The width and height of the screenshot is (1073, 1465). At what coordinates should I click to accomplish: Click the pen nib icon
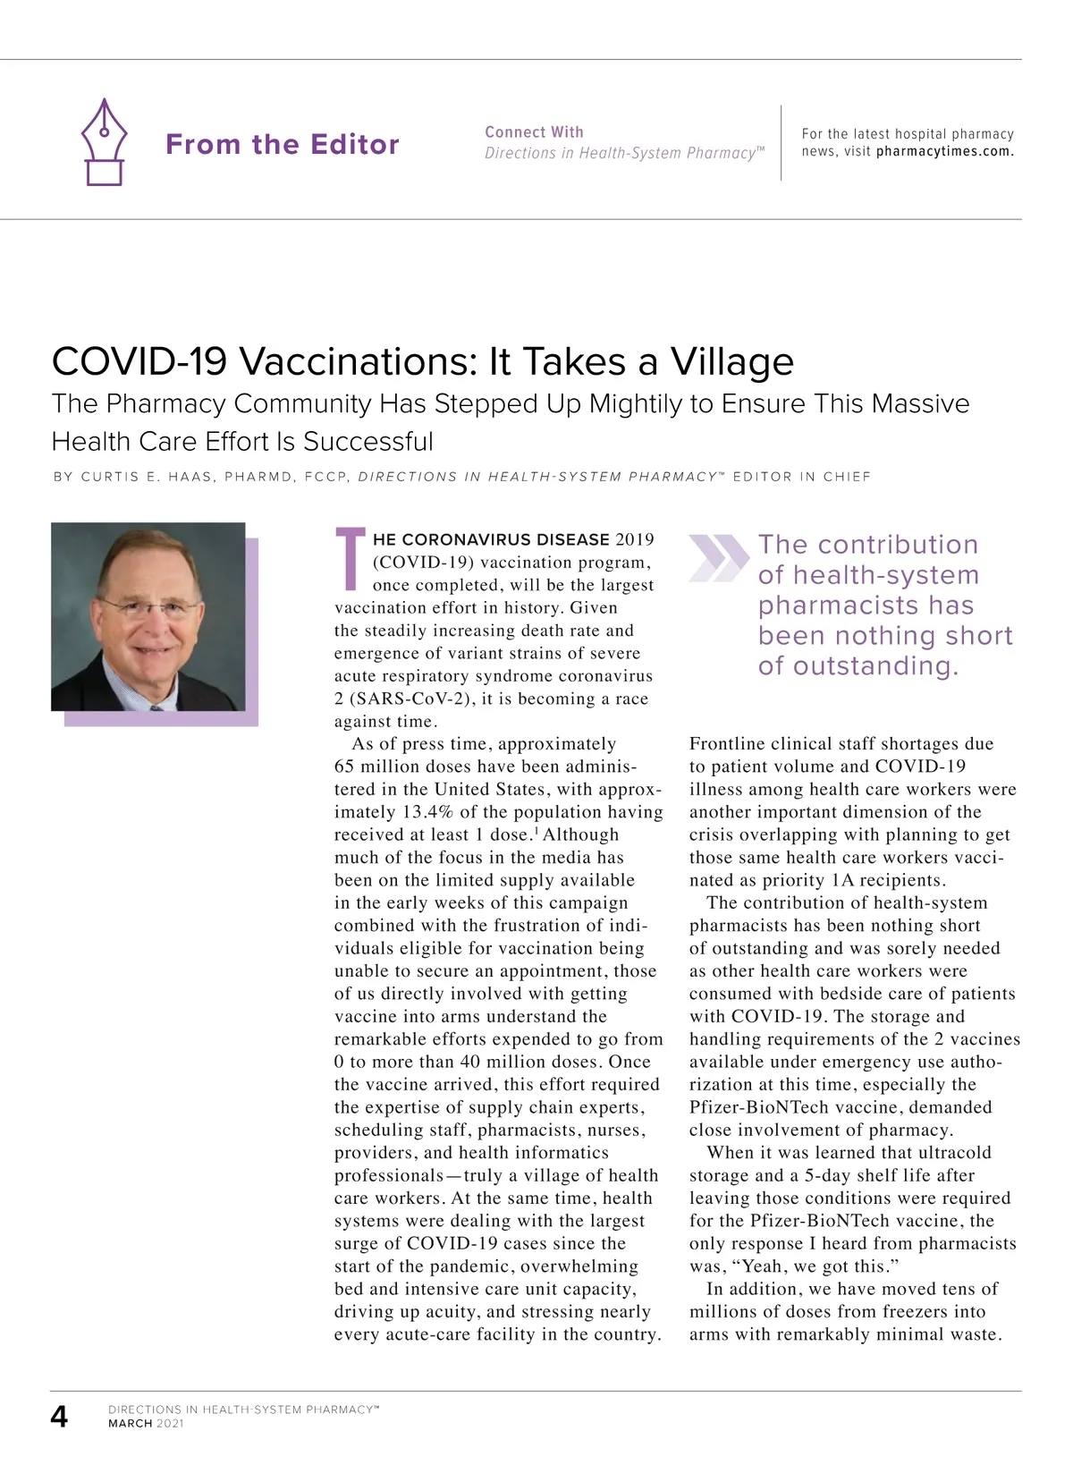pyautogui.click(x=104, y=141)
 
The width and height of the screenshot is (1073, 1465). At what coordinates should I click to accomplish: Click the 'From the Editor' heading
pyautogui.click(x=282, y=144)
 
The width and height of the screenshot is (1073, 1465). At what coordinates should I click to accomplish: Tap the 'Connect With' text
pyautogui.click(x=534, y=131)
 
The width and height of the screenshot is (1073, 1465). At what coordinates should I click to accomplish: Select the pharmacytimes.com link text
pyautogui.click(x=944, y=151)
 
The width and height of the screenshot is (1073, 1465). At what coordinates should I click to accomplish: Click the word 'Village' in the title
pyautogui.click(x=731, y=361)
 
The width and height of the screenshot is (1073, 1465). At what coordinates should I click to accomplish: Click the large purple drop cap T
pyautogui.click(x=350, y=559)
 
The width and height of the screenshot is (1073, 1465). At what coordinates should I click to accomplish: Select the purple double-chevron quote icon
pyautogui.click(x=717, y=558)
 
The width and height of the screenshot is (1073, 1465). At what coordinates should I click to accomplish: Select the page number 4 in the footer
pyautogui.click(x=59, y=1417)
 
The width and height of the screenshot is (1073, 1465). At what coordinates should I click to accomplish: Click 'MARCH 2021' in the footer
pyautogui.click(x=145, y=1423)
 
